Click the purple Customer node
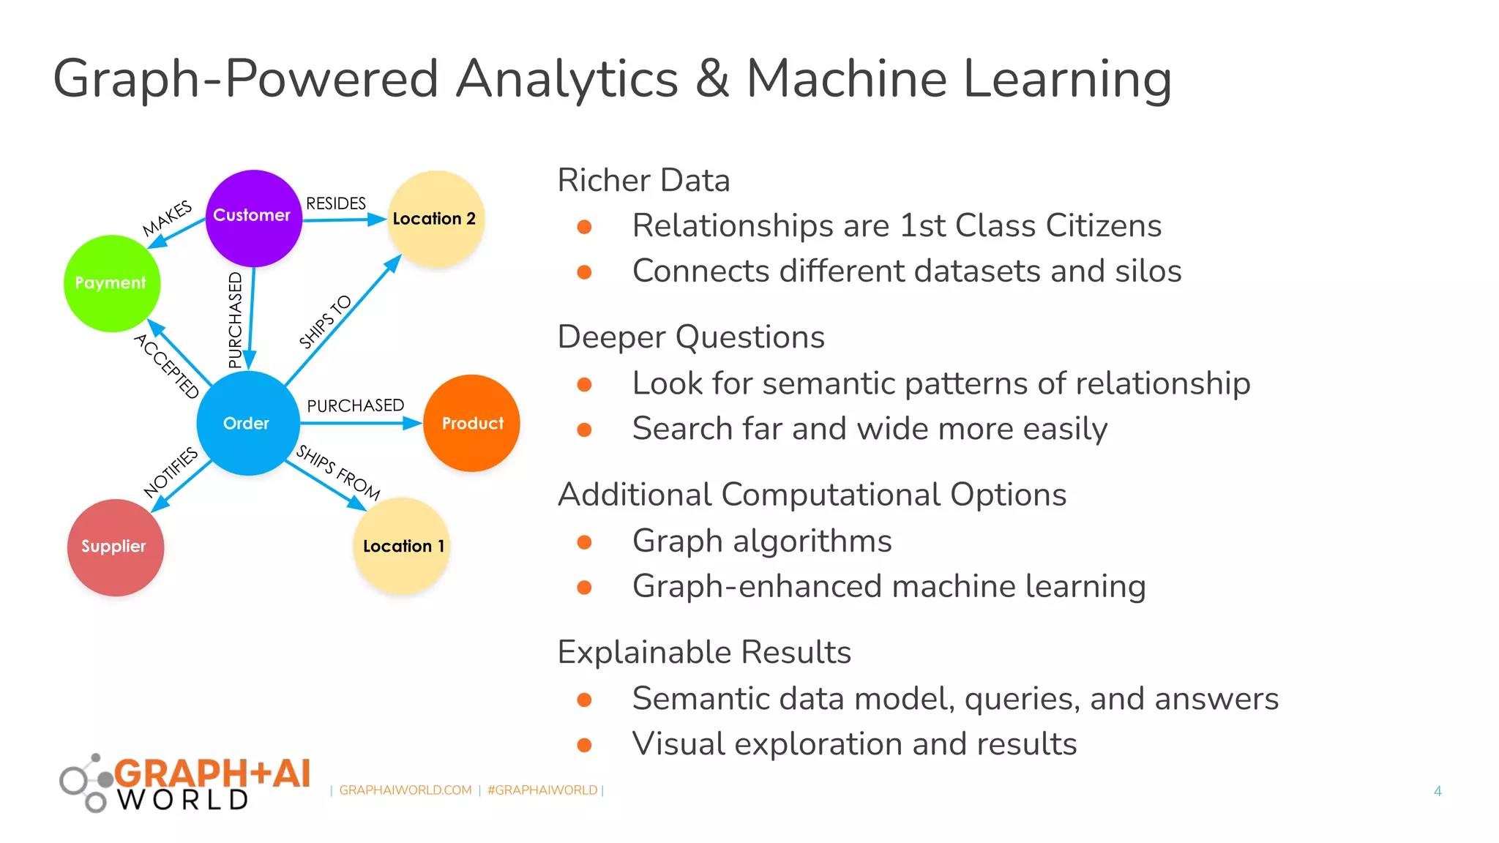pos(253,218)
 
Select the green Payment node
pos(111,283)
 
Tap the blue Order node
pos(247,423)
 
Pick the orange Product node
pos(471,423)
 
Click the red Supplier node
pos(115,547)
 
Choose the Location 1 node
pos(401,546)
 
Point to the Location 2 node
pos(436,218)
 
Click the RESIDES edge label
pos(336,203)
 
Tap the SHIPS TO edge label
pos(325,322)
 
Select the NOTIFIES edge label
pos(171,472)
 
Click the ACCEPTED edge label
pos(167,366)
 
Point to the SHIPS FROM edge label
pos(338,473)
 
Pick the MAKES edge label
pos(167,218)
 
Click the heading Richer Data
pos(643,181)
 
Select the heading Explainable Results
pos(704,652)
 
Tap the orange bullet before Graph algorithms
pos(584,542)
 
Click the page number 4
pos(1438,791)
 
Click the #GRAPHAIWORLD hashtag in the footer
pos(542,790)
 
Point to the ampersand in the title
pos(711,79)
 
